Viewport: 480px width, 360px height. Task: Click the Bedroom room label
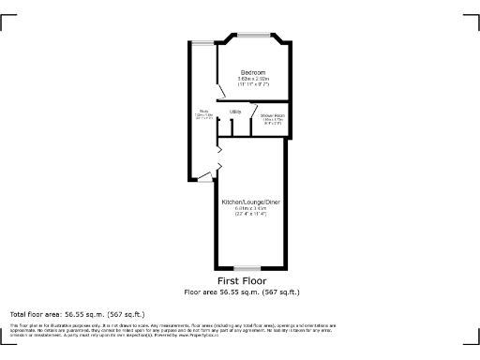(x=252, y=72)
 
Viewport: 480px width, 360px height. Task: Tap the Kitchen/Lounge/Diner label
(x=251, y=202)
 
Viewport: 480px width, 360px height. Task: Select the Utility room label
(x=235, y=112)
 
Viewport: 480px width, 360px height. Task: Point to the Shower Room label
(x=273, y=115)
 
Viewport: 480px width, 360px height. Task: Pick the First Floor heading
(x=242, y=281)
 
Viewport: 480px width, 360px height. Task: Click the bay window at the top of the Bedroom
(x=253, y=37)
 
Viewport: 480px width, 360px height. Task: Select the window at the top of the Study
(x=201, y=40)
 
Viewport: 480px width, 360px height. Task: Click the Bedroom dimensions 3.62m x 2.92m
(x=252, y=79)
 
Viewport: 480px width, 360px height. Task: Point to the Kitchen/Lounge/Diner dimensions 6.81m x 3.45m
(x=251, y=208)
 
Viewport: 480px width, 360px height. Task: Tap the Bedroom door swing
(x=225, y=94)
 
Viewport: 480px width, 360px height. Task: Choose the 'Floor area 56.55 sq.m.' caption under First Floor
(x=242, y=292)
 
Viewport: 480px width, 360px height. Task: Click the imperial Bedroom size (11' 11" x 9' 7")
(x=252, y=84)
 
